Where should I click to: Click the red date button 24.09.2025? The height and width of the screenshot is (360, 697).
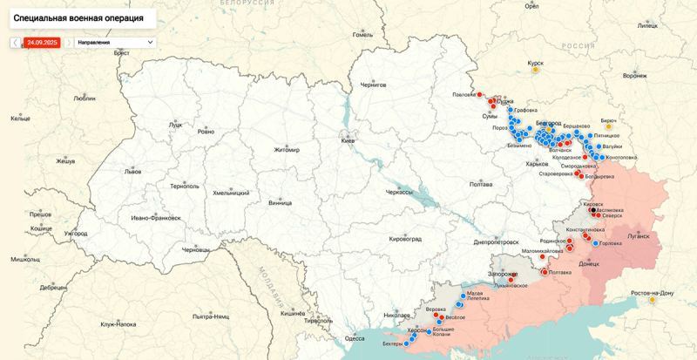click(x=42, y=42)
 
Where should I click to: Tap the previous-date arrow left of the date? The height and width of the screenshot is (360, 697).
click(x=15, y=42)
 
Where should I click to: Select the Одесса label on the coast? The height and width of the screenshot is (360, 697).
click(x=355, y=337)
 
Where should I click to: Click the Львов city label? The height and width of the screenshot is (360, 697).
click(x=132, y=172)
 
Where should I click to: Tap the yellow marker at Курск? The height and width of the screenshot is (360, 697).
click(x=524, y=64)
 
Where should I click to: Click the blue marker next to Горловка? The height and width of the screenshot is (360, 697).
click(x=596, y=243)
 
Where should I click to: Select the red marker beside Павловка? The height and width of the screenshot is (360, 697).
click(x=480, y=95)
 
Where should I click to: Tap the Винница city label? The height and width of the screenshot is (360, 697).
click(x=281, y=203)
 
